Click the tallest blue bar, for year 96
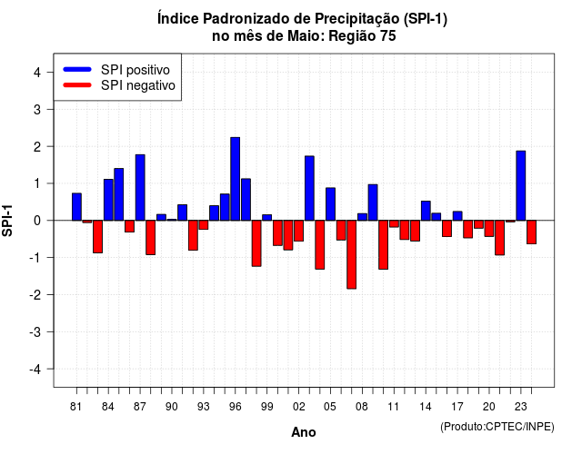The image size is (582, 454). coord(235,179)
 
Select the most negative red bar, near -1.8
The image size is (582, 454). coord(352,254)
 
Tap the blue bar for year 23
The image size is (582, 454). coord(521,185)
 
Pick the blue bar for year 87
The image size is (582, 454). coord(140,188)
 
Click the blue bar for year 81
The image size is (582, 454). coord(76,207)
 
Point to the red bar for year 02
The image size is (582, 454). coord(299,231)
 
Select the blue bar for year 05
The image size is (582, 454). coord(330,204)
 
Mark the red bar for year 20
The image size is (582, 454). coord(489,228)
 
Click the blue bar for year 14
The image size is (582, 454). coord(426,211)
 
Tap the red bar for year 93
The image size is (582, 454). coord(204,225)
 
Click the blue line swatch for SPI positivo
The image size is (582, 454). coord(77,69)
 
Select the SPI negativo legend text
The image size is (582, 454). coord(138,85)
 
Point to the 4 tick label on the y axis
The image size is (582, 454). coord(36,73)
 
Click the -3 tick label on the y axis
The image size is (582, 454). coord(35,332)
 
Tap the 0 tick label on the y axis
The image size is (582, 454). coord(36,221)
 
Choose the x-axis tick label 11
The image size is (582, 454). coord(394,407)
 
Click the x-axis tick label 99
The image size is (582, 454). coord(266,407)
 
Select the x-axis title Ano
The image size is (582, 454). coord(304,432)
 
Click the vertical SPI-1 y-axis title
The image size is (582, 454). coord(7,221)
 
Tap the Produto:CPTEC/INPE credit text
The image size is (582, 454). coord(497,427)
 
